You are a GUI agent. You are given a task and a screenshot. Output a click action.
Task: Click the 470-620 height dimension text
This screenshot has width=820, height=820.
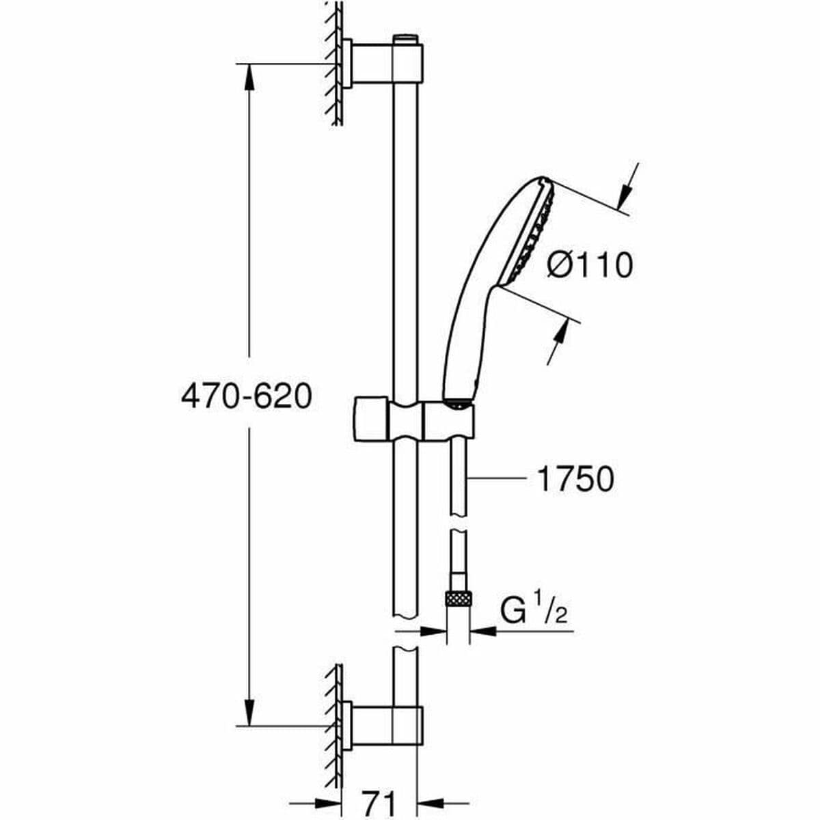coord(246,396)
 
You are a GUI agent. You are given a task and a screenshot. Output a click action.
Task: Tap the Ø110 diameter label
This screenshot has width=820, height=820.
coord(590,265)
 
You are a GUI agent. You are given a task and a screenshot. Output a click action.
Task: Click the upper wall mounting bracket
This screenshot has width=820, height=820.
coord(383,64)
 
